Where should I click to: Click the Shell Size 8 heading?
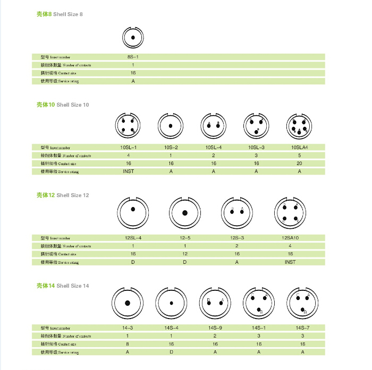point(60,14)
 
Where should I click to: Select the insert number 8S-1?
point(133,57)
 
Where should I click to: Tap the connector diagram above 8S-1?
point(133,37)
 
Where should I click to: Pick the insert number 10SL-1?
point(129,147)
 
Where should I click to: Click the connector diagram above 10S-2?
point(171,127)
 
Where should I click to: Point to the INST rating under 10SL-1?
point(129,171)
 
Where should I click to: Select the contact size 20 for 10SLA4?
point(299,164)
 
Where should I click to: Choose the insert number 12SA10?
point(290,238)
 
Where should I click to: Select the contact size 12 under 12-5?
point(185,254)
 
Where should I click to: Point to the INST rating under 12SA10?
point(290,262)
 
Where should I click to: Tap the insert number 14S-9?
point(214,328)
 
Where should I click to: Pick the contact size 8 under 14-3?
point(128,344)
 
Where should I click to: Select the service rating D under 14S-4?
point(171,352)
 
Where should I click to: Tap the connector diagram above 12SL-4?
point(132,213)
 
